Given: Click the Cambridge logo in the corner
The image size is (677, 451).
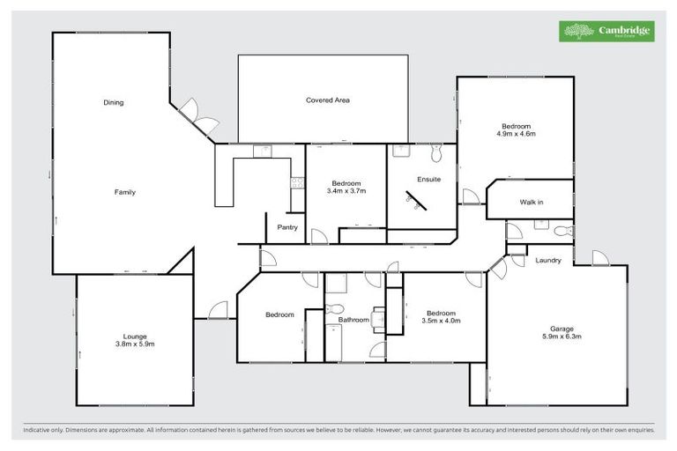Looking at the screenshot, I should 608,31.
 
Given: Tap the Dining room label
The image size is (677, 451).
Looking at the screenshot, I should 113,103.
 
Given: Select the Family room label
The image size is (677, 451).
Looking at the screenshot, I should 124,191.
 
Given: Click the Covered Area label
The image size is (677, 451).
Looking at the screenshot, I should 328,100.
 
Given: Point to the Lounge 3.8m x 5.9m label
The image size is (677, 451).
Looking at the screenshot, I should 134,339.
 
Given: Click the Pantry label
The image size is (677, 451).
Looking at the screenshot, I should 287,227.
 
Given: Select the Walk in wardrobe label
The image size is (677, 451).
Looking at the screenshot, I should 531,203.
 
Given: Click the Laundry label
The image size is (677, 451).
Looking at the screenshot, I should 548,260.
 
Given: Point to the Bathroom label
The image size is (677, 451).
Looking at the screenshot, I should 353,319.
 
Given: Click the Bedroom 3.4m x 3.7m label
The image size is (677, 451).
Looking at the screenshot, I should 346,187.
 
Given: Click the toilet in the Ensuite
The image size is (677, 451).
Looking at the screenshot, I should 436,154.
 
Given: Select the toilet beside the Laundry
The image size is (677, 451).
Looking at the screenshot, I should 566,231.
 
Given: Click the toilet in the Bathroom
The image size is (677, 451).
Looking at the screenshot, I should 333,310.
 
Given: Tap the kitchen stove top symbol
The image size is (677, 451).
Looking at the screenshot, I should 296,183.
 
